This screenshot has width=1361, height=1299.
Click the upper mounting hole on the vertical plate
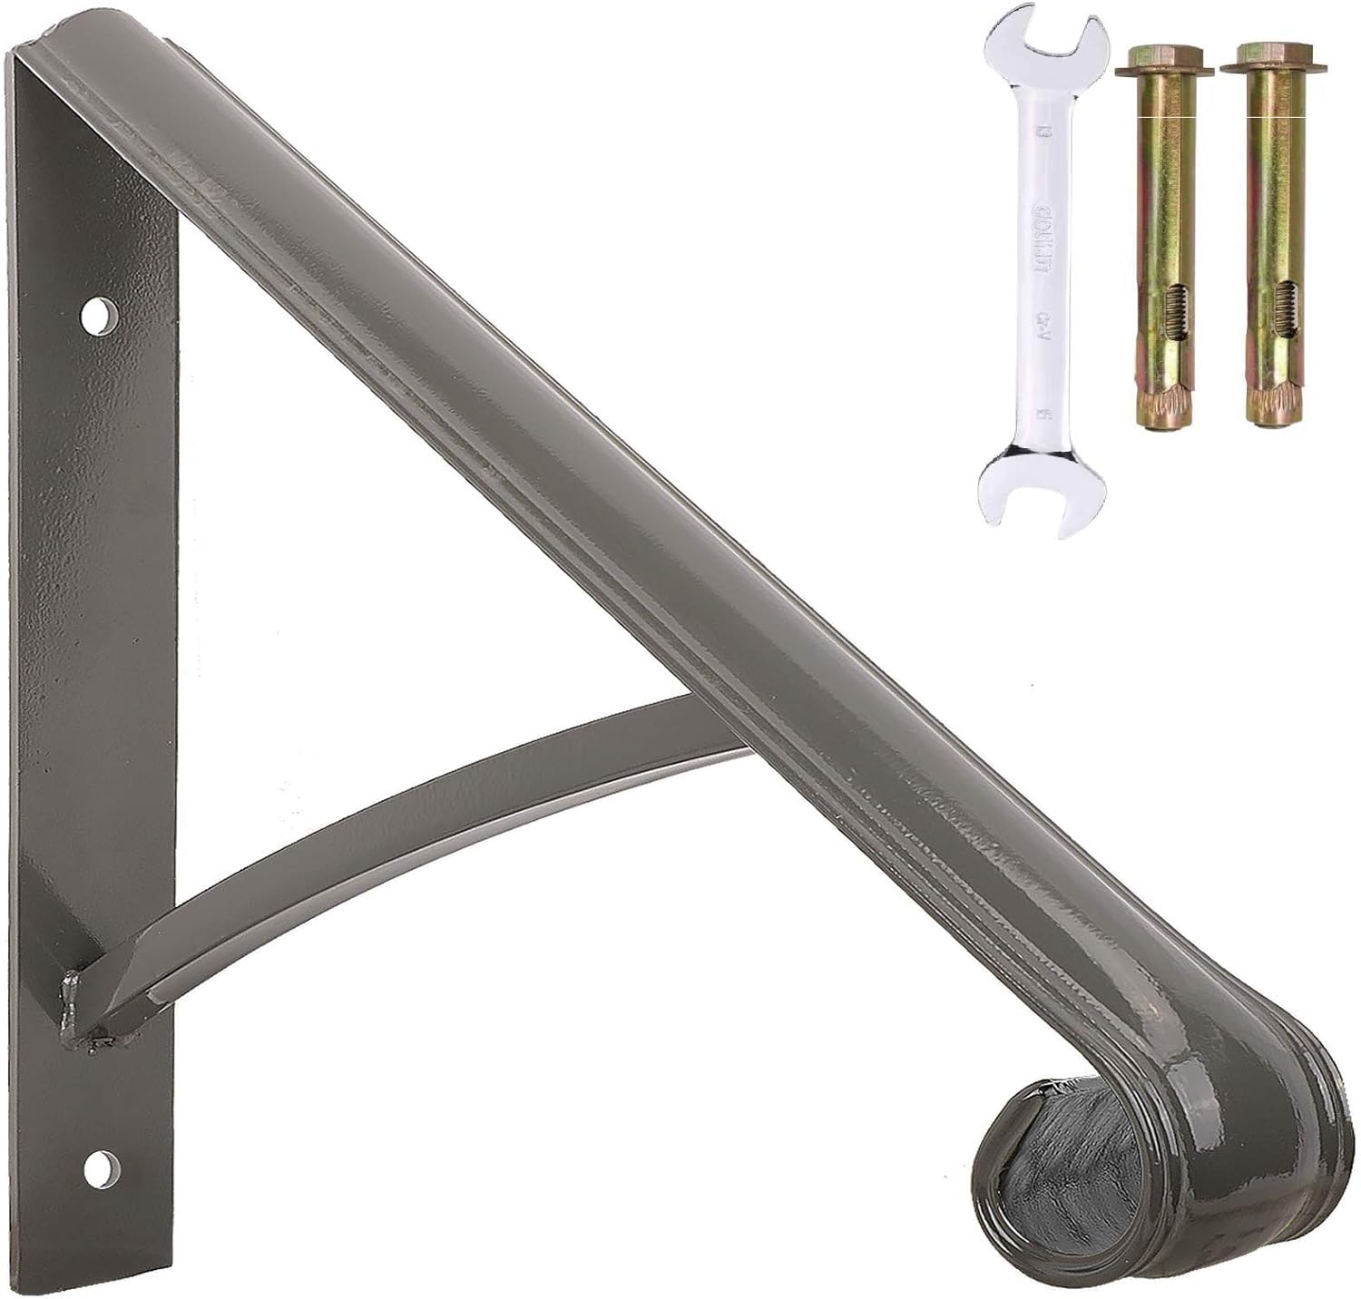[99, 316]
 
